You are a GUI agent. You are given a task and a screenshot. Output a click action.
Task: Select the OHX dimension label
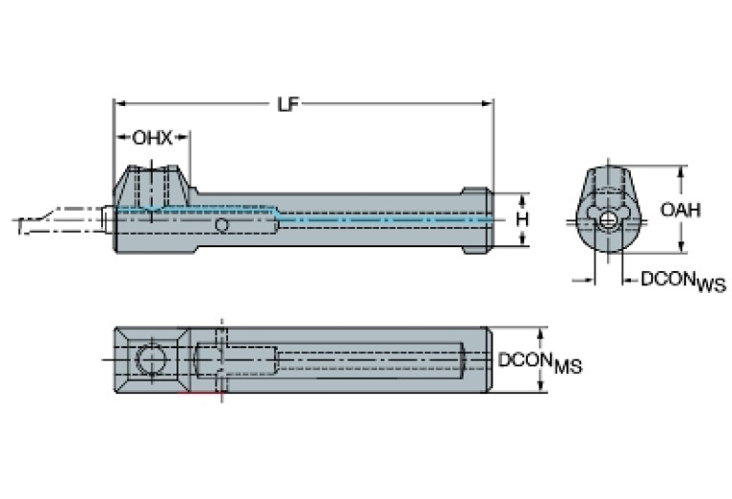click(x=152, y=137)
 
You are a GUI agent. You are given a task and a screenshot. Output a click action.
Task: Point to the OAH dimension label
click(x=680, y=210)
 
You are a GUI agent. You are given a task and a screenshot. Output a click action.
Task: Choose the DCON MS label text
click(x=540, y=362)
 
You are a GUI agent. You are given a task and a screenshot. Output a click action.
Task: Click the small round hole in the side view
click(x=222, y=224)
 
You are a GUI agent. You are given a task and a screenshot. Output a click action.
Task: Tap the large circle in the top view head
click(x=150, y=360)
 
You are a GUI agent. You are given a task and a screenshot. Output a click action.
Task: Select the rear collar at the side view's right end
click(x=477, y=220)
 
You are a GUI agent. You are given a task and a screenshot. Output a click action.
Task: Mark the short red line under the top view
click(x=202, y=392)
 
